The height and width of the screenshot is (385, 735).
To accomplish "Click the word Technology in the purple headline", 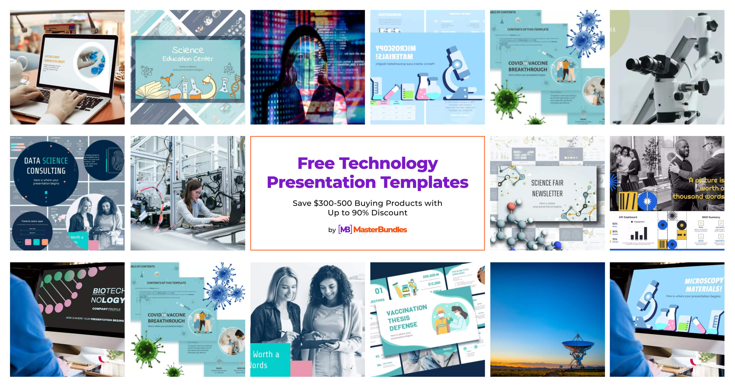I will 388,163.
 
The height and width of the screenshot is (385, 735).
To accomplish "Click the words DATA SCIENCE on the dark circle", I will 46,161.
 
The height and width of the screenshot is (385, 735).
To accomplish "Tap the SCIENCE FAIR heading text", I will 547,183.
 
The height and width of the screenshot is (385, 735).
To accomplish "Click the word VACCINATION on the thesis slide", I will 406,310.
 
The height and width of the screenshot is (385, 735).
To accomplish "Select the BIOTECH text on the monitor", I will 108,291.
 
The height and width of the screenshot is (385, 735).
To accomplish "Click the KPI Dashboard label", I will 628,217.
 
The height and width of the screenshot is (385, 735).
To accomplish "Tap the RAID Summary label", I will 711,217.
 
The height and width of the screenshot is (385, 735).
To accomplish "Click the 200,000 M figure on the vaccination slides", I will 430,276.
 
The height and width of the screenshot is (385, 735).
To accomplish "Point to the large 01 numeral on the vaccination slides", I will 379,291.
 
